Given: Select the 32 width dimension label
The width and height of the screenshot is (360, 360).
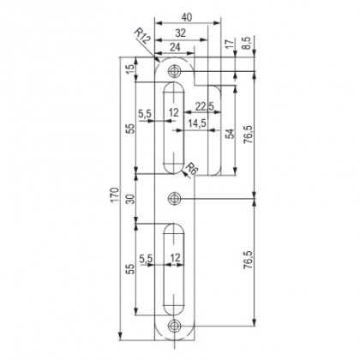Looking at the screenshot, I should click(175, 33).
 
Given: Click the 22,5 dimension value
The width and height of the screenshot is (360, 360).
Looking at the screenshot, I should click(203, 106).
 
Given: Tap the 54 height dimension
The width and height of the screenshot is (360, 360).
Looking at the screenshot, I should click(229, 135).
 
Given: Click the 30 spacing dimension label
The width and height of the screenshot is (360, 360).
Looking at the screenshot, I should click(130, 199).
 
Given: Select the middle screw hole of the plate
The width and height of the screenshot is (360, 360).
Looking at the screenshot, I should click(176, 199).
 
